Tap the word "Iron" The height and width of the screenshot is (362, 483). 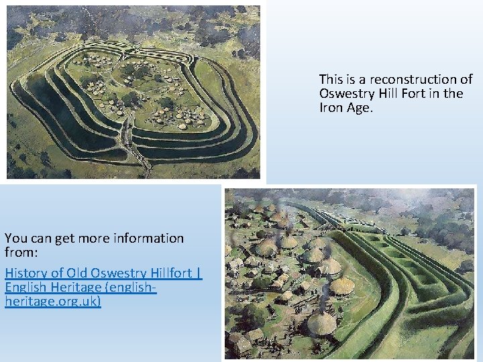(x=331, y=107)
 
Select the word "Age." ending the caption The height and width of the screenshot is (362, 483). (x=359, y=107)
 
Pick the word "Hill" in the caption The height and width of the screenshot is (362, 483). (x=388, y=93)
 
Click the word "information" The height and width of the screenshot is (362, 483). (x=150, y=238)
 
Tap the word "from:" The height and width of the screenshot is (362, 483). (x=22, y=253)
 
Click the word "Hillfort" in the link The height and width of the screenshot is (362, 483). (x=166, y=274)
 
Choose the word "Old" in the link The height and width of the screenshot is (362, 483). (x=79, y=274)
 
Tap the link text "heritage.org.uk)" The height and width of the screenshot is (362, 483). (x=52, y=302)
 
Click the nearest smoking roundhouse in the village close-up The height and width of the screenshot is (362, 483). (x=322, y=322)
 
